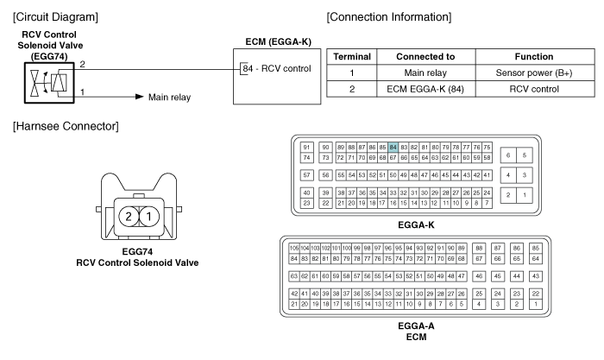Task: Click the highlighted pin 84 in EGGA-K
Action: point(393,148)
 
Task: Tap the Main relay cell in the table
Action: point(425,73)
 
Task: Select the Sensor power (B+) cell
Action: point(534,73)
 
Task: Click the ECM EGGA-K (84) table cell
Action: point(425,89)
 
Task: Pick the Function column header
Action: point(534,57)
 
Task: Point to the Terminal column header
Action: point(352,57)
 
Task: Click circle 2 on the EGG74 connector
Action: point(129,217)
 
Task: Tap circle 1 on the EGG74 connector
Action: point(149,217)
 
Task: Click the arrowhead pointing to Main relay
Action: point(140,97)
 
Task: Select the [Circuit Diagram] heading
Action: point(55,17)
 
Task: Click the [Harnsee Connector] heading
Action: point(66,126)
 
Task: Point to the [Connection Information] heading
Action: point(389,17)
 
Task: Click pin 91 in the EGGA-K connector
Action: point(306,148)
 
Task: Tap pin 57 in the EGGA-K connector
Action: point(306,175)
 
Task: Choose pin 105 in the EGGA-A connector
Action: point(294,249)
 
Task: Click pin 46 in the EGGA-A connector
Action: point(479,276)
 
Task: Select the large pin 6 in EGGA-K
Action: point(508,155)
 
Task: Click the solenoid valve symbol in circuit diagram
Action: point(49,83)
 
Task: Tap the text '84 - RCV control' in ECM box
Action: point(277,68)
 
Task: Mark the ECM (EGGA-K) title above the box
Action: point(278,41)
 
